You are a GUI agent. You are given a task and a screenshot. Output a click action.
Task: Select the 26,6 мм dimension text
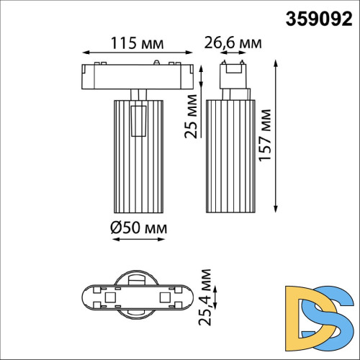(231, 44)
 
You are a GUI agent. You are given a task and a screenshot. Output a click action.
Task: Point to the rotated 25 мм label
(190, 119)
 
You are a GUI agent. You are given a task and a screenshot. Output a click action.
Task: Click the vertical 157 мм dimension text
(267, 138)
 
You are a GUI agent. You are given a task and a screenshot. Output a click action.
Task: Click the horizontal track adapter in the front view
(138, 76)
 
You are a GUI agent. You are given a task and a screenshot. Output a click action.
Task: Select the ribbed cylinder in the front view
(138, 155)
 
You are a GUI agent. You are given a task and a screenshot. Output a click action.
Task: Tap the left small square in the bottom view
(110, 297)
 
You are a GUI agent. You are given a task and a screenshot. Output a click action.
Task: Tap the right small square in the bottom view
(166, 297)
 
